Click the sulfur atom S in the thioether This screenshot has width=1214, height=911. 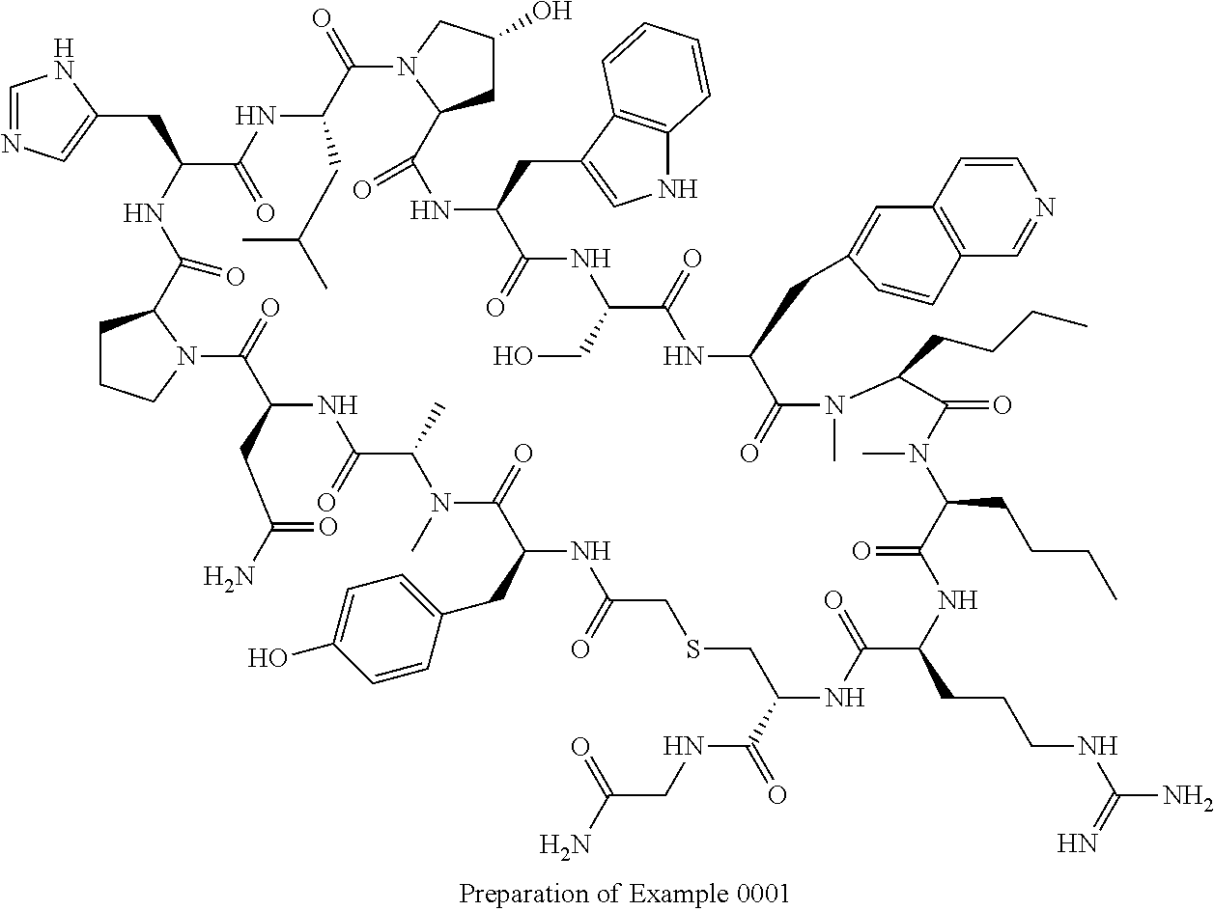(693, 649)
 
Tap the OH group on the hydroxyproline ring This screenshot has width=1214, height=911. (552, 11)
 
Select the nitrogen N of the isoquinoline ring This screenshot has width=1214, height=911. (1045, 207)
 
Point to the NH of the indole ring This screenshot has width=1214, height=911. (679, 189)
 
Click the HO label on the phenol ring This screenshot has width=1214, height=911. (268, 658)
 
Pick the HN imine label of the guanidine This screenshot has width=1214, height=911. (1078, 843)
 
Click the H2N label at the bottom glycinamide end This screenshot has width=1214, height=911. (565, 844)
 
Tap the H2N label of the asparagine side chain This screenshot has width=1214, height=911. (229, 577)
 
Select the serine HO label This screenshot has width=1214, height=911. (514, 356)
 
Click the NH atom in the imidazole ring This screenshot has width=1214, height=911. (64, 61)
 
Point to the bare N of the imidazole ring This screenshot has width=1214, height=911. (12, 144)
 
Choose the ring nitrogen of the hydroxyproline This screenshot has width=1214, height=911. (407, 68)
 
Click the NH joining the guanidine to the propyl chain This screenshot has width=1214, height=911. (1098, 747)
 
